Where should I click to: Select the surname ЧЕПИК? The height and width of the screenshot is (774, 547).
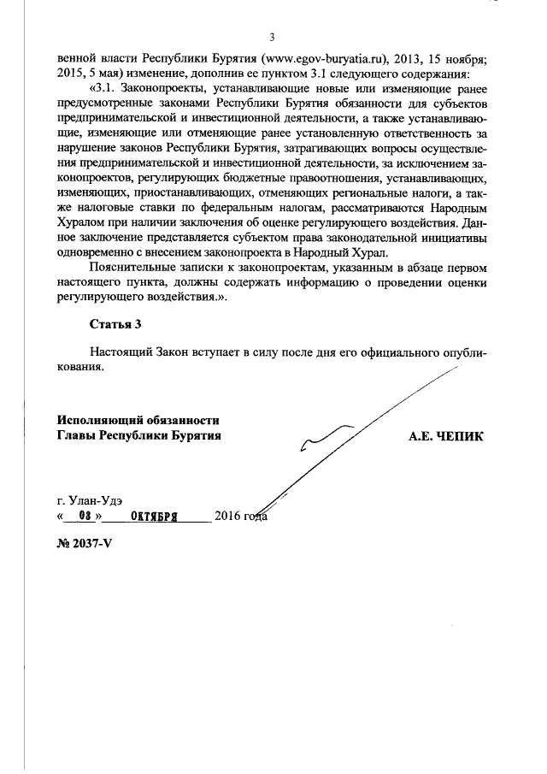click(461, 436)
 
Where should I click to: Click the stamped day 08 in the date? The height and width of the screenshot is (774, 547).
click(84, 516)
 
